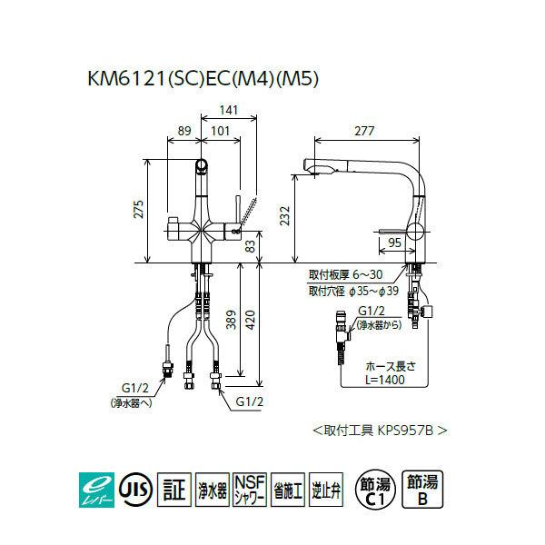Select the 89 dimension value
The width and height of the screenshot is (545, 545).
point(184,132)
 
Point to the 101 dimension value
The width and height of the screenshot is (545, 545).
point(219,132)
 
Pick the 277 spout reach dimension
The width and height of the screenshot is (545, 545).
point(364,132)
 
